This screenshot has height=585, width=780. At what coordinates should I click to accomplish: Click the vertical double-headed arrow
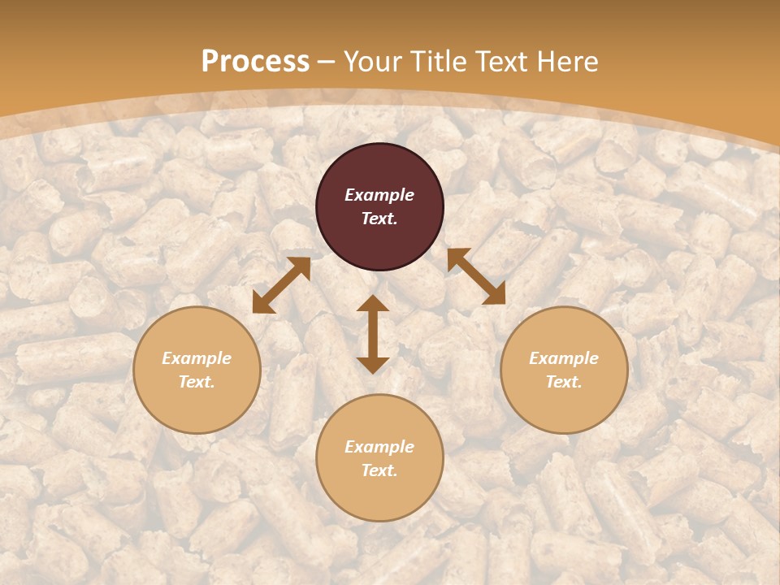pyautogui.click(x=373, y=334)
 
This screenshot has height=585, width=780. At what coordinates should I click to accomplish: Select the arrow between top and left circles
pyautogui.click(x=281, y=285)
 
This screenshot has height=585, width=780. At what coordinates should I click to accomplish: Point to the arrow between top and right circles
pyautogui.click(x=476, y=276)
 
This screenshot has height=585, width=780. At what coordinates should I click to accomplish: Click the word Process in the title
pyautogui.click(x=255, y=62)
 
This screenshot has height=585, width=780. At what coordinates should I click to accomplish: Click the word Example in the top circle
pyautogui.click(x=379, y=195)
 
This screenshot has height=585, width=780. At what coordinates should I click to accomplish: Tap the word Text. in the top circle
pyautogui.click(x=379, y=219)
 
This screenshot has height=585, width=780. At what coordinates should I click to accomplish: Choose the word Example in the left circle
pyautogui.click(x=197, y=358)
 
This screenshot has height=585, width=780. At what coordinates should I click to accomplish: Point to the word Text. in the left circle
pyautogui.click(x=197, y=382)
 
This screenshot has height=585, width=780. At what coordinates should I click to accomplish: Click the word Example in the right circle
pyautogui.click(x=564, y=358)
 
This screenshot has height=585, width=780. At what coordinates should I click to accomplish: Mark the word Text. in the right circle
pyautogui.click(x=564, y=382)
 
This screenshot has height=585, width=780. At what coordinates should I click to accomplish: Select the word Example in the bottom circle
pyautogui.click(x=379, y=447)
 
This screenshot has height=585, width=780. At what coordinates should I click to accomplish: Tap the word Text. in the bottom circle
pyautogui.click(x=379, y=470)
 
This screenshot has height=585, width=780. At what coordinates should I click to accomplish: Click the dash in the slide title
pyautogui.click(x=327, y=63)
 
